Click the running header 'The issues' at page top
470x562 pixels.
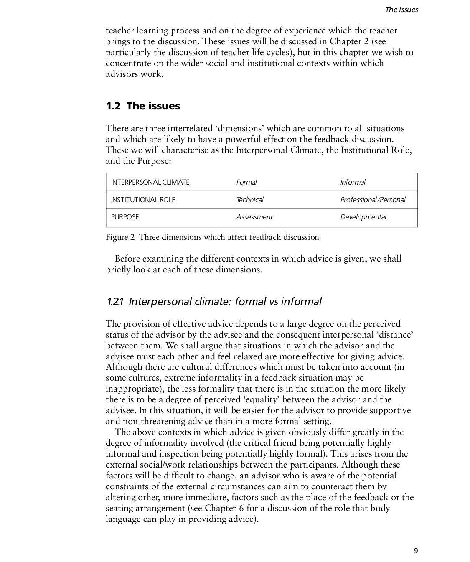tap(401, 10)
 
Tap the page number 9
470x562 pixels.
tap(416, 551)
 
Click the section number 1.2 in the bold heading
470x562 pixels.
tap(113, 106)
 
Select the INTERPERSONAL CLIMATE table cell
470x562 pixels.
tap(150, 182)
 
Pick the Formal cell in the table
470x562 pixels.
tap(246, 182)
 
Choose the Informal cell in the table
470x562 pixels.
tap(353, 182)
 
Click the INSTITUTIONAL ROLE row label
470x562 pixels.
tap(143, 200)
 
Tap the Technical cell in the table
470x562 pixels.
tap(250, 200)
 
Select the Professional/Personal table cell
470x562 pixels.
tap(373, 200)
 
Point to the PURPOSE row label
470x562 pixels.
tap(125, 217)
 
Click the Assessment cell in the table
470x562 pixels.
tap(254, 217)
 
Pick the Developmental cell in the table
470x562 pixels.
tap(363, 217)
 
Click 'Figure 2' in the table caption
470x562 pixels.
tap(120, 237)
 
